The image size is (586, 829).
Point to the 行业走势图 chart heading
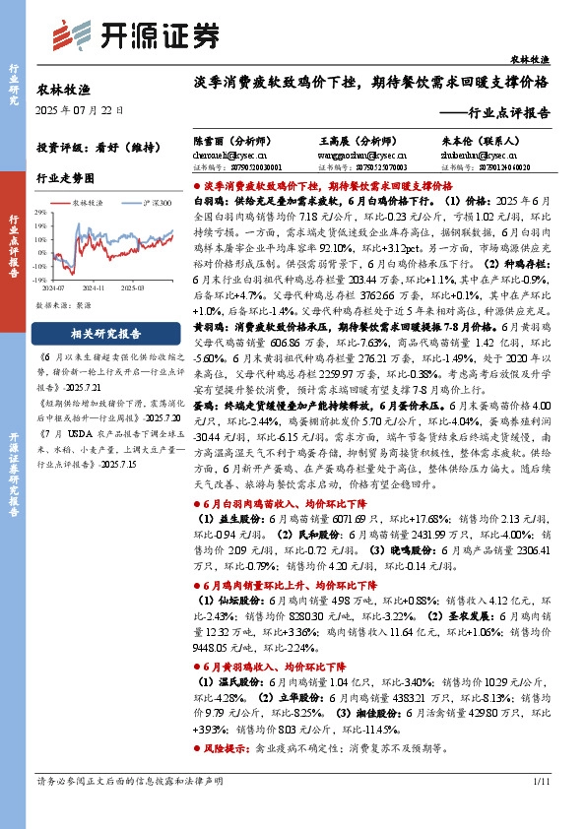66,178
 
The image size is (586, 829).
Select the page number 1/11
539,781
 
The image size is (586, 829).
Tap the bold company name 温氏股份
232,680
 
